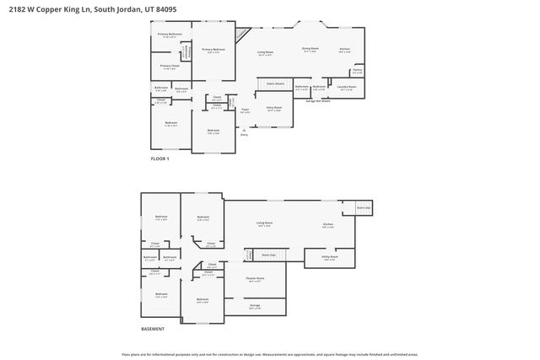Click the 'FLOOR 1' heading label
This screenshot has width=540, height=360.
[160, 159]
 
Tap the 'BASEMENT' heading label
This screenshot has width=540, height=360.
[153, 329]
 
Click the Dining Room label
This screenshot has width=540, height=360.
[310, 50]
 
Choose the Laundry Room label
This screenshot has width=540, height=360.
[347, 88]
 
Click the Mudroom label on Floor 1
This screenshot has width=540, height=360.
[319, 88]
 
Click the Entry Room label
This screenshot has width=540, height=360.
[274, 109]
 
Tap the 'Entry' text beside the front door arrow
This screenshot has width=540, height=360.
[243, 134]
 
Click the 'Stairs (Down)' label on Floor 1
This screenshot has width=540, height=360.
[274, 84]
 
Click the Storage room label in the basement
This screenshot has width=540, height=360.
[255, 306]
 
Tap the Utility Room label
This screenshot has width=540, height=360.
[329, 258]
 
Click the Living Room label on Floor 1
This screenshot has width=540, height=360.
[265, 53]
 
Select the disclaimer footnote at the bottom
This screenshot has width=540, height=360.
[270, 355]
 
